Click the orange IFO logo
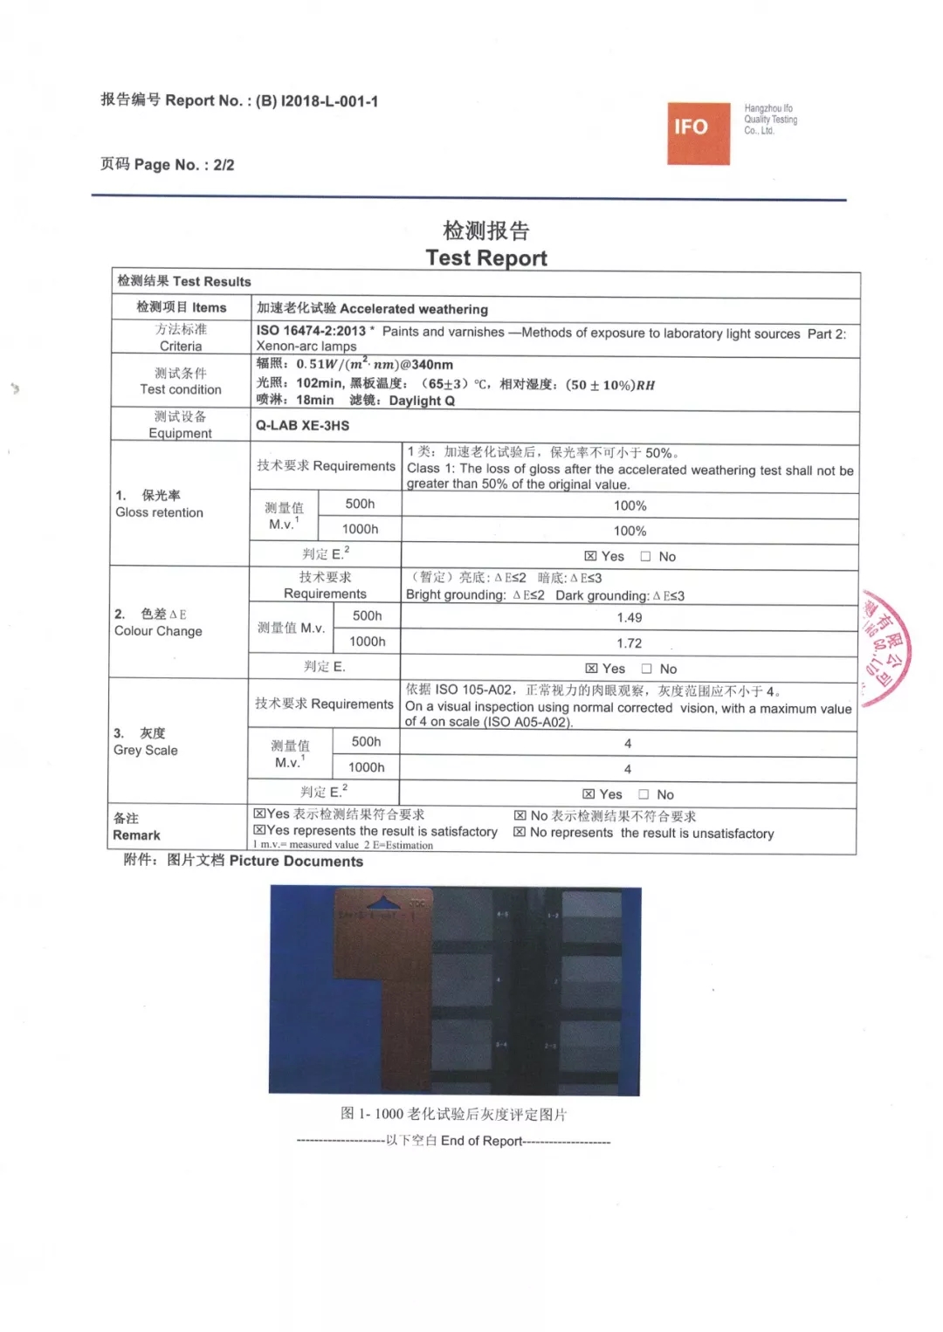tap(698, 133)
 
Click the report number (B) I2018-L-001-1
tap(317, 101)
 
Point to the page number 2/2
tap(224, 165)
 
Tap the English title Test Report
tap(486, 258)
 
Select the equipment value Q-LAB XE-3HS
tap(302, 426)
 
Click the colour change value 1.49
tap(629, 618)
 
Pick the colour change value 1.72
tap(629, 643)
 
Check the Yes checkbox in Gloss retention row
tap(590, 557)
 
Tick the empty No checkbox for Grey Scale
tap(644, 794)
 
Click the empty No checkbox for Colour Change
tap(647, 669)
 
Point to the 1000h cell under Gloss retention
tap(360, 529)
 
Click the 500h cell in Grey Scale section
tap(366, 742)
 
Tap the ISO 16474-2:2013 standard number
tap(311, 332)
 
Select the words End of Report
tap(481, 1141)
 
